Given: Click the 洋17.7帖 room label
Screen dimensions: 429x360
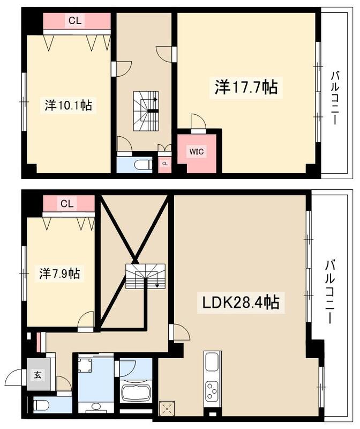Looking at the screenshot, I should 246,87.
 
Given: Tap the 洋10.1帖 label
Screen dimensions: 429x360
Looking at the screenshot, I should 68,105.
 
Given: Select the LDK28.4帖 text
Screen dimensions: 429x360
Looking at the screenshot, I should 241,303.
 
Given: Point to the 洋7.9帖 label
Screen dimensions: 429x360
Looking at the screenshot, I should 59,273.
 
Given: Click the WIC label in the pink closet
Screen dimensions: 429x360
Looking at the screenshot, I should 196,152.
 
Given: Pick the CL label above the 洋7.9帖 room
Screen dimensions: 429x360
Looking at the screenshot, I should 67,204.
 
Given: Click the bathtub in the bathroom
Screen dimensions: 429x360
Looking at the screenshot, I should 138,393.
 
